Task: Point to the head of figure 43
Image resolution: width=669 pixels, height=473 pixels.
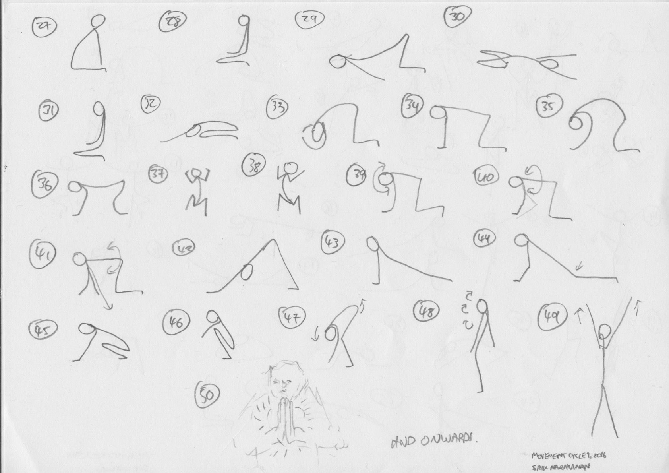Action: click(372, 244)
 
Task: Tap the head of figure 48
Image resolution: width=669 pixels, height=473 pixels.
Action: click(482, 307)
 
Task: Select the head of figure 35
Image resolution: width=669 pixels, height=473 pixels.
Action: click(576, 124)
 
